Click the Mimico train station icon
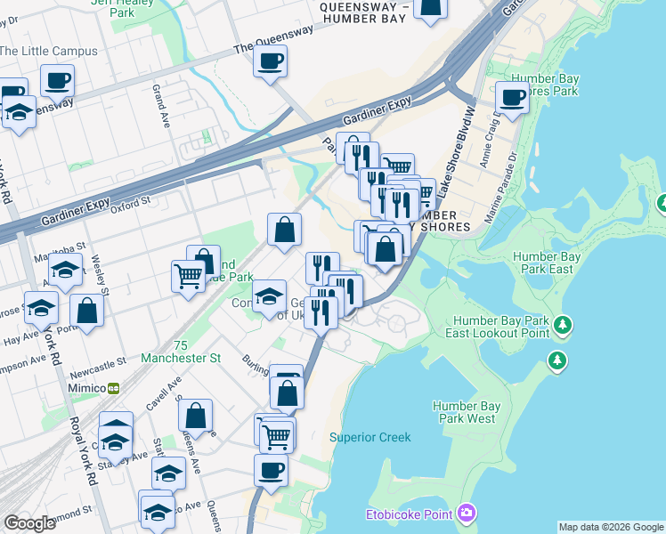[114, 389]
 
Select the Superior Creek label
[370, 437]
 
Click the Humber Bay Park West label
[464, 412]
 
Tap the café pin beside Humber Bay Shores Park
[512, 98]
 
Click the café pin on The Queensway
[270, 61]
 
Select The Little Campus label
[49, 51]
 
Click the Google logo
[29, 523]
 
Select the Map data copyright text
[611, 527]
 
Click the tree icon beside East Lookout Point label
[563, 325]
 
